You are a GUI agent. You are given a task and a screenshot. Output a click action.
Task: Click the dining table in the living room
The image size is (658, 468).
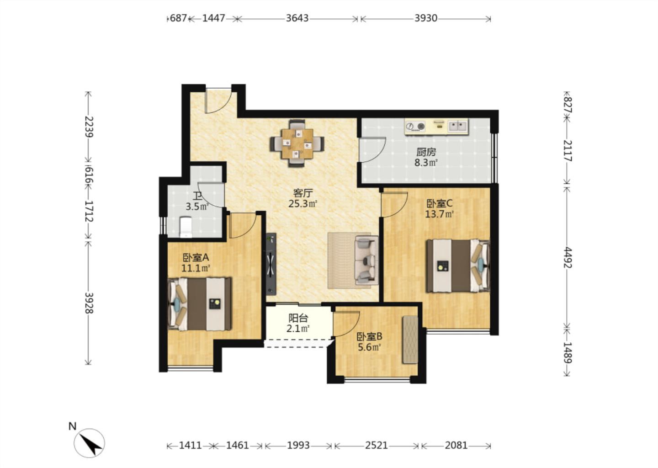click(297, 144)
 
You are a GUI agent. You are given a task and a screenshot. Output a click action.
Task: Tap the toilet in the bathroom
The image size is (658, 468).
click(186, 227)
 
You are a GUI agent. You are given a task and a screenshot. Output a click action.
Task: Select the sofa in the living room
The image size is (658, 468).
click(366, 260)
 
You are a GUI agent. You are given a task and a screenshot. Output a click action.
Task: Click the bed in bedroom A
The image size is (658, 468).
click(199, 303)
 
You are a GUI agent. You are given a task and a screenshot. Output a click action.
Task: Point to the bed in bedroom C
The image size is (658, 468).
click(458, 266)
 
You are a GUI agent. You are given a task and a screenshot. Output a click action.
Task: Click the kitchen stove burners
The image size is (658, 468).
click(415, 126)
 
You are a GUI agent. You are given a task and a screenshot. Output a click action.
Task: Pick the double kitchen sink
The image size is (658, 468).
click(458, 126)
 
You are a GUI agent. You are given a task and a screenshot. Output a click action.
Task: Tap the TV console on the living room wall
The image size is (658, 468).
click(271, 264)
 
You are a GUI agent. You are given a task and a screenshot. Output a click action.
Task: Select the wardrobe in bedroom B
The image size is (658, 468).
click(410, 340)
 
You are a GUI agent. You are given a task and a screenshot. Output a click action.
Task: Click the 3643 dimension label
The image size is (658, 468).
click(297, 18)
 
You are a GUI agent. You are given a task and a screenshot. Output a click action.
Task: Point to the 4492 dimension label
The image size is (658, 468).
click(567, 257)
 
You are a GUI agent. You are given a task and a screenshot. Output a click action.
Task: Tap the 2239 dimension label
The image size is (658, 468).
click(89, 127)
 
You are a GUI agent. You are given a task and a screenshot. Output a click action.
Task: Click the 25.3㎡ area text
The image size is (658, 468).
click(303, 203)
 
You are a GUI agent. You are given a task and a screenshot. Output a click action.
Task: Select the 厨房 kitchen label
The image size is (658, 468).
click(426, 152)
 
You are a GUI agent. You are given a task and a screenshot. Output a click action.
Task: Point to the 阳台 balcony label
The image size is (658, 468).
click(298, 318)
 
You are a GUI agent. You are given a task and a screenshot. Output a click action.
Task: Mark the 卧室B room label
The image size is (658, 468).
click(369, 336)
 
